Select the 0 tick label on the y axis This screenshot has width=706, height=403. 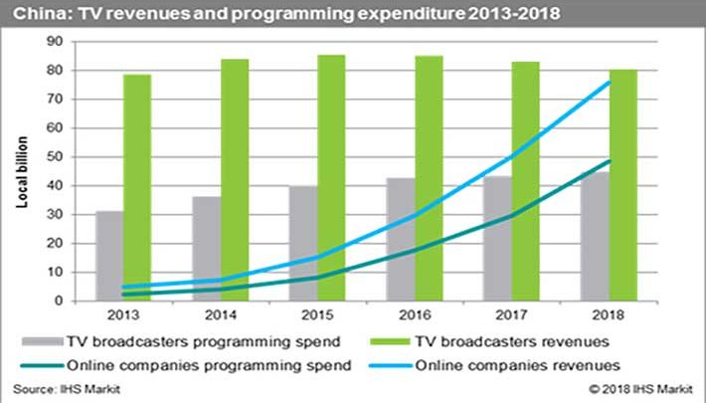click(61, 301)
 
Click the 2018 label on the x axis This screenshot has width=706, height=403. click(608, 316)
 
